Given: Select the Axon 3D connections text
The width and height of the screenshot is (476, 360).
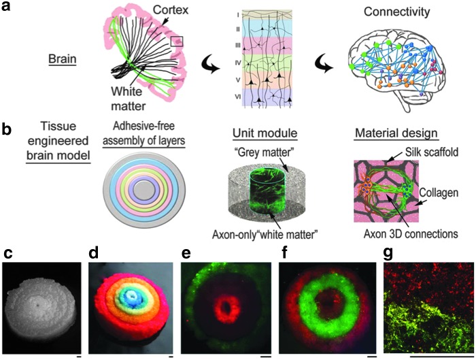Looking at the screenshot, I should point(401,235).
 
